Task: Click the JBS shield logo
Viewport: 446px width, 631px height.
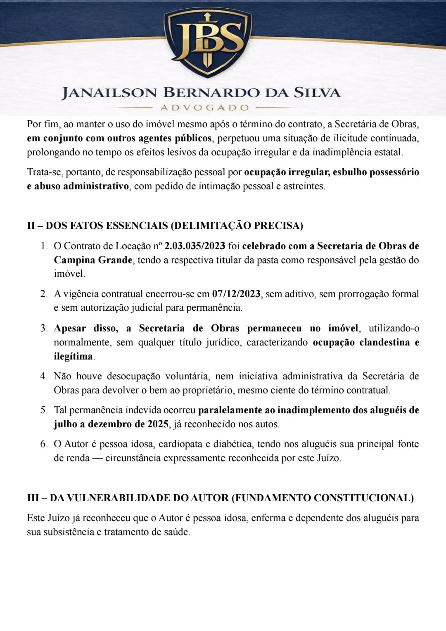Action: coord(208,41)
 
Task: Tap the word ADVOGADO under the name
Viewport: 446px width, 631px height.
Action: coord(205,108)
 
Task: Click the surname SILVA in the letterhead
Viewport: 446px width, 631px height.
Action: coord(317,93)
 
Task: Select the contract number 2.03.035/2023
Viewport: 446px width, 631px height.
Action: coord(195,246)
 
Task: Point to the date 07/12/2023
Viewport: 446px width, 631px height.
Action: coord(236,294)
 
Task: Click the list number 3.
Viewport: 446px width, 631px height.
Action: coord(44,329)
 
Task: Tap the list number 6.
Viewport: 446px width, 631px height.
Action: coord(44,444)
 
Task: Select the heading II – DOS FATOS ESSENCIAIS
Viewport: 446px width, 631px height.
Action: coord(165,226)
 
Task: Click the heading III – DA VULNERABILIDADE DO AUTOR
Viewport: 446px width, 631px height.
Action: coord(220,498)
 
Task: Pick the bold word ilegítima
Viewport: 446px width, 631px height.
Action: coord(73,357)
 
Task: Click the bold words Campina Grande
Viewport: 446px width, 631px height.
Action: coord(93,260)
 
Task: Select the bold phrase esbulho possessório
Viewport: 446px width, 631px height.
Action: coord(376,172)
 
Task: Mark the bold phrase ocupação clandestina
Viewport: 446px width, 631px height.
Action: coord(361,343)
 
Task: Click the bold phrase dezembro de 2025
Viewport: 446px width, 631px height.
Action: coord(128,424)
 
